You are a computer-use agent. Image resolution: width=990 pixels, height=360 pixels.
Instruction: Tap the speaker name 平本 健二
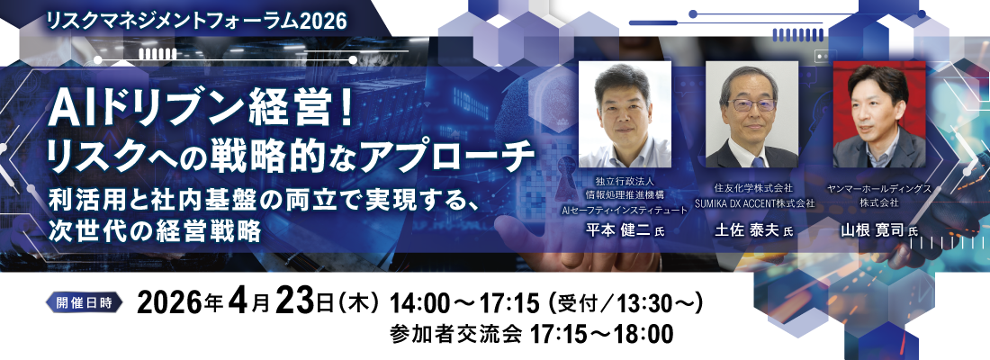coord(616,231)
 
